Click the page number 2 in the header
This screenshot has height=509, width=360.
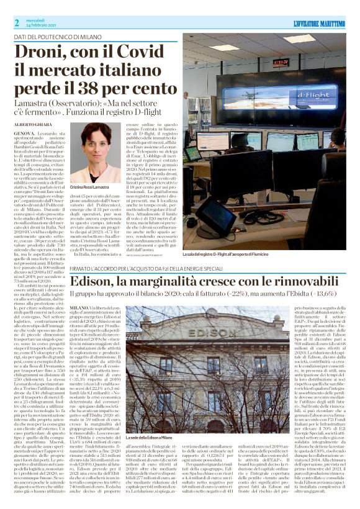click(17, 22)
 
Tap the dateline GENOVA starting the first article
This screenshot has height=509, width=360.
click(24, 133)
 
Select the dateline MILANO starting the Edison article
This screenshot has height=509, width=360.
click(79, 307)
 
